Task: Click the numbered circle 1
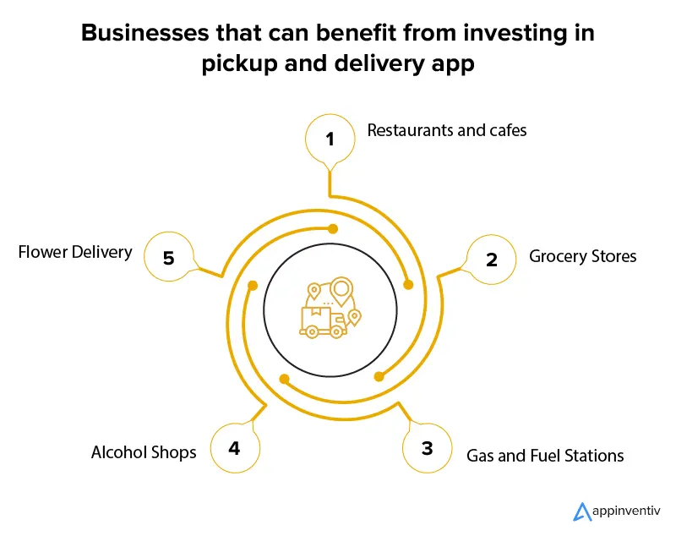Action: tap(330, 139)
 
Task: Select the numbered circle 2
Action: tap(492, 259)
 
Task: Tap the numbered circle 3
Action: tap(427, 448)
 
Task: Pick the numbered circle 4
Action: tap(234, 448)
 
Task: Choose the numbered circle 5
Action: tap(168, 258)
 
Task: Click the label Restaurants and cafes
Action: tap(446, 130)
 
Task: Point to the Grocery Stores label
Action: tap(582, 255)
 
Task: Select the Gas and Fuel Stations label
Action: tap(545, 456)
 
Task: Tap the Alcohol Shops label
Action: tap(144, 452)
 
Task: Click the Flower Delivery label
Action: tap(75, 252)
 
